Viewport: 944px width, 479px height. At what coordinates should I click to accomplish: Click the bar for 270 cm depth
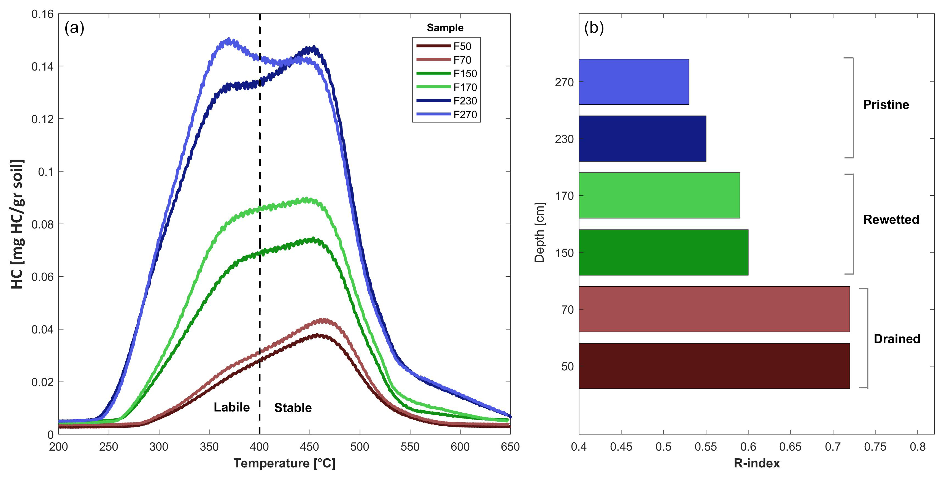point(634,82)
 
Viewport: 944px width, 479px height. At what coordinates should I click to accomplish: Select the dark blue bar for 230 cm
point(642,139)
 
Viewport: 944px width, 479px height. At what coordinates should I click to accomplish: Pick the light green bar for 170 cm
point(659,195)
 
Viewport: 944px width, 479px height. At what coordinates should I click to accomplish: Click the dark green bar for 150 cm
point(663,252)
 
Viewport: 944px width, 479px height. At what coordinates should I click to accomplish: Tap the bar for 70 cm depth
point(714,309)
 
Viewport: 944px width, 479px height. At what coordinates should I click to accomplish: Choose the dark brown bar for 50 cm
point(714,366)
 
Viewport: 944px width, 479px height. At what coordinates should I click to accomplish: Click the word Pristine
point(886,105)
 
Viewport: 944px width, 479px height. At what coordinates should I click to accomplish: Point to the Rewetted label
point(891,220)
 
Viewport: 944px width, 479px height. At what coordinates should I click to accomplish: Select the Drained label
point(896,339)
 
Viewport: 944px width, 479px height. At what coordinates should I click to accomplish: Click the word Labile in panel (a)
point(232,407)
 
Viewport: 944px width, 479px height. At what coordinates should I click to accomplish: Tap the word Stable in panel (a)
point(293,408)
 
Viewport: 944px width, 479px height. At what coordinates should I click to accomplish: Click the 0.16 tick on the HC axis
point(42,14)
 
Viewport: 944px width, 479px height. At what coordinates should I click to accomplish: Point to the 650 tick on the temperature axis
point(510,447)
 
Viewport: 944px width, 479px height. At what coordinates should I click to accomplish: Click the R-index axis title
point(756,463)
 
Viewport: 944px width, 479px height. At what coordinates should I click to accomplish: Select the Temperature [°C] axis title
point(284,463)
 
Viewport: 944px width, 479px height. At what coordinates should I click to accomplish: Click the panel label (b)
point(594,28)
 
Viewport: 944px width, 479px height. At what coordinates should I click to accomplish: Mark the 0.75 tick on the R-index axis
point(875,447)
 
